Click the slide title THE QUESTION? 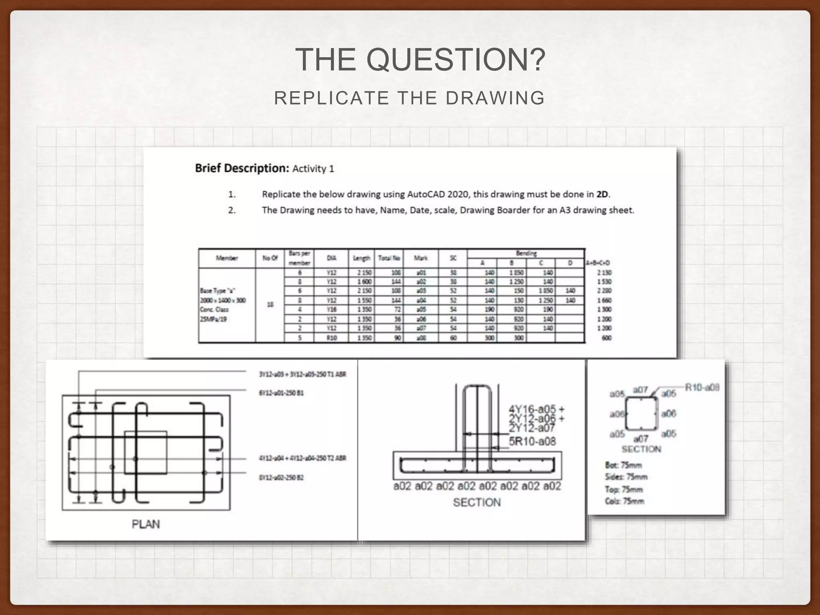coord(420,60)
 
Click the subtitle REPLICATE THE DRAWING coord(409,98)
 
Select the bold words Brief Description coord(242,168)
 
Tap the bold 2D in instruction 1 coord(602,195)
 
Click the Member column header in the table coord(227,258)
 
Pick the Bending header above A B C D coord(526,253)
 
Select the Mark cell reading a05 coord(420,310)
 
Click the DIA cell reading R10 coord(331,338)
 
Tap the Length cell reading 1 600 coord(364,282)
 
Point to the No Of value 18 coord(270,305)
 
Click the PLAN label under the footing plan coord(146,524)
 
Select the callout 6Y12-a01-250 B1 coord(281,393)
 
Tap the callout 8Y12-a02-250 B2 coord(281,478)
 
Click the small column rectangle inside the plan coord(146,452)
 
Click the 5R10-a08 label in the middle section coord(532,442)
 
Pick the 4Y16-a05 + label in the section coord(536,409)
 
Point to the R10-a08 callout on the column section coord(702,387)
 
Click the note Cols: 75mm coord(624,501)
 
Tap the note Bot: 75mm coord(623,465)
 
